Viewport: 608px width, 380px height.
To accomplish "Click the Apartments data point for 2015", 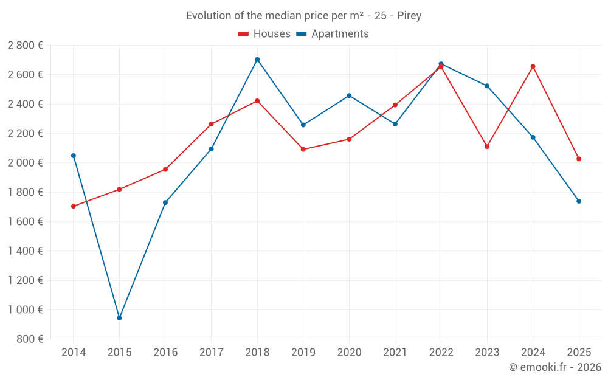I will coord(119,318).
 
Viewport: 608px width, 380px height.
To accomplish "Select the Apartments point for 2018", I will coord(257,60).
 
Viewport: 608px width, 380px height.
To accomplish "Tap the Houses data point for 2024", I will coord(533,66).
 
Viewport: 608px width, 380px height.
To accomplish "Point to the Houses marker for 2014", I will coord(74,206).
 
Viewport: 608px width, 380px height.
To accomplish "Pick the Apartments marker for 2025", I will coord(579,201).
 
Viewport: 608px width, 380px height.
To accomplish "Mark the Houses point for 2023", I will coord(487,147).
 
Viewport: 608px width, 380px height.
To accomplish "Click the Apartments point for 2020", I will coord(349,95).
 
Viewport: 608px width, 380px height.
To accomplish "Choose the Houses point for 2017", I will coord(211,124).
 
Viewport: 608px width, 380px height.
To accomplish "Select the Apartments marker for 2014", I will coord(74,156).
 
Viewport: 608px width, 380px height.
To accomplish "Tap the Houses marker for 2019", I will coord(303,150).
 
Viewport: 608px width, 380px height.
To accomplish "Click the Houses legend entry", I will coord(264,34).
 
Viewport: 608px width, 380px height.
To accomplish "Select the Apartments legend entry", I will coord(333,34).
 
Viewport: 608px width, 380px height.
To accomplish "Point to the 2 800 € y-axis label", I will coord(25,46).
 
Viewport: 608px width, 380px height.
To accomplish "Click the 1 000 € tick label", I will coord(25,309).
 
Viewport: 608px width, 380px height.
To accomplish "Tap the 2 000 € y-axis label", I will coord(25,163).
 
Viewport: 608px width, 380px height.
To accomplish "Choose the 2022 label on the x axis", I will coord(441,352).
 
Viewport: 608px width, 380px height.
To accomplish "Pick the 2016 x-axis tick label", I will coord(165,352).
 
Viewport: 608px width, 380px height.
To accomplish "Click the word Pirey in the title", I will coord(409,16).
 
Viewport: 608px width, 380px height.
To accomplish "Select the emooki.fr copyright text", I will coord(555,367).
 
